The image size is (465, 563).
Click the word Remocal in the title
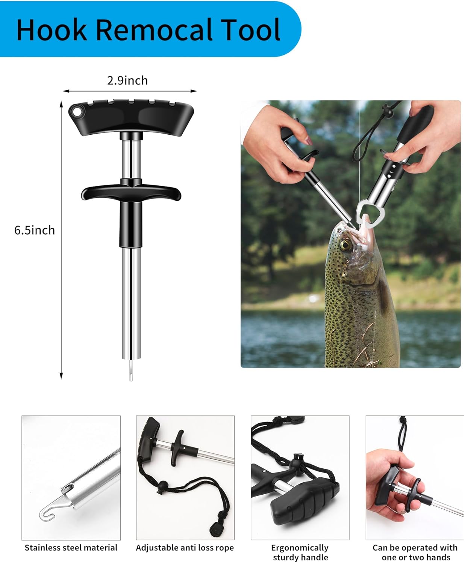coord(155,30)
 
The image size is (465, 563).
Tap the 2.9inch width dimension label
coord(127,80)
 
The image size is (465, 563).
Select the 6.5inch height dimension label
coord(35,230)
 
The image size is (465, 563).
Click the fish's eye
coord(345,245)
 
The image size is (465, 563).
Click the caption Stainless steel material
coord(71,548)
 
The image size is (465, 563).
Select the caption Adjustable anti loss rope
coord(185,548)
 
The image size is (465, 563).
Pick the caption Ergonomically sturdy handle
coord(300,552)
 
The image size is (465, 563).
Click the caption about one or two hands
coord(415,552)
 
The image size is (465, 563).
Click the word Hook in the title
coord(52,30)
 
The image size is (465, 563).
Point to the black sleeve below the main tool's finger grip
coord(131,224)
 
